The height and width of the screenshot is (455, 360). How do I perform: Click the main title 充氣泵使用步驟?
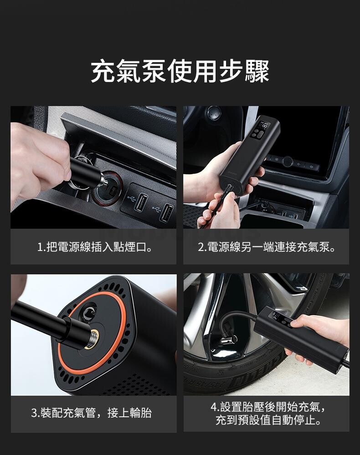click(x=180, y=71)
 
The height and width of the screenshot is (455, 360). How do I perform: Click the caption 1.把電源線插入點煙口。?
click(x=95, y=247)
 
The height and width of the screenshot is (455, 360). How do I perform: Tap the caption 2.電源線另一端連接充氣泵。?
click(x=267, y=247)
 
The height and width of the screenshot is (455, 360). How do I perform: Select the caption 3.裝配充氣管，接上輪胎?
click(x=91, y=413)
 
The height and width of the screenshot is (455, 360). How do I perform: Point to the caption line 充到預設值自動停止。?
click(x=268, y=420)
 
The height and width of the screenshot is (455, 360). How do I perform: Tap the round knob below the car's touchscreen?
click(x=287, y=161)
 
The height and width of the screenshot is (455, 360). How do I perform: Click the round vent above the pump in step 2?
click(x=214, y=112)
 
